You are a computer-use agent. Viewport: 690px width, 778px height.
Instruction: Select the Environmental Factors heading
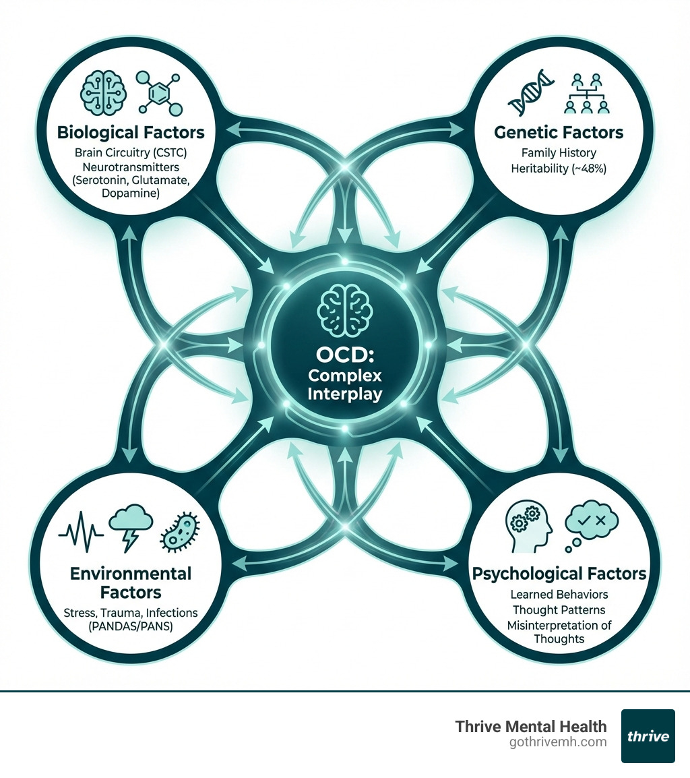(x=131, y=583)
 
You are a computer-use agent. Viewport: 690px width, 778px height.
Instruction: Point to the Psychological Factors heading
(x=559, y=574)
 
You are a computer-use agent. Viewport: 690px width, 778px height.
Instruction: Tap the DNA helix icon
(x=526, y=95)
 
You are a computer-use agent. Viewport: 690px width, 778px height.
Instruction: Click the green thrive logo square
(x=648, y=736)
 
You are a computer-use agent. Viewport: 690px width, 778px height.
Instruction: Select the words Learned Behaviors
(x=559, y=595)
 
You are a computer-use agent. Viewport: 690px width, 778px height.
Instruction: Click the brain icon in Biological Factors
(x=102, y=90)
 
